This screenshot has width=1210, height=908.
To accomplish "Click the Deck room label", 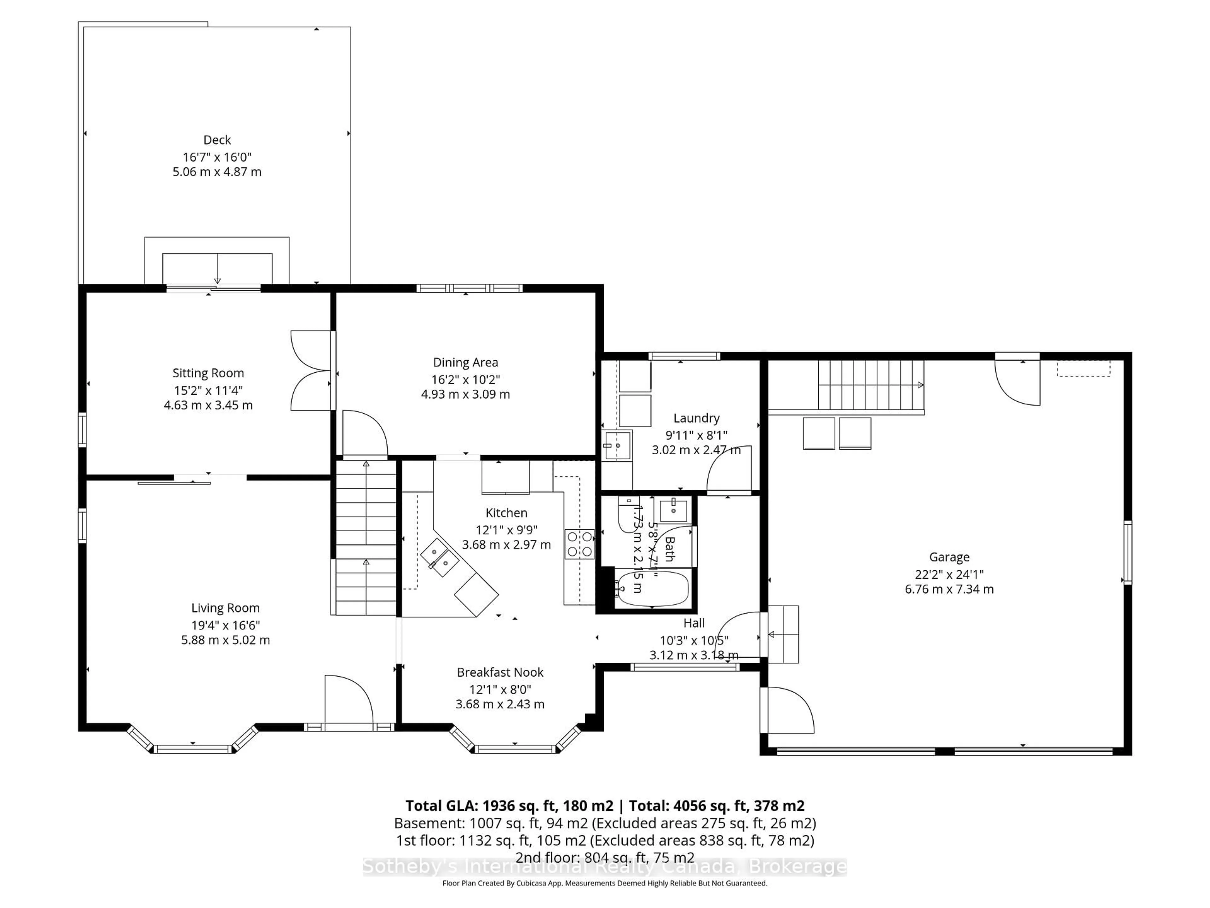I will [217, 140].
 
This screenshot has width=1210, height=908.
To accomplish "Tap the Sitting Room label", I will [208, 373].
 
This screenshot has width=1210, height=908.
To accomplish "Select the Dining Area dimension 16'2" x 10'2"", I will [465, 379].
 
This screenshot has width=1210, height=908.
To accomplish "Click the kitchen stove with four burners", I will [579, 544].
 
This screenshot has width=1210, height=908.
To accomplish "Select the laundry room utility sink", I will [617, 446].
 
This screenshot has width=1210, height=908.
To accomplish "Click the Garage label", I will [949, 557].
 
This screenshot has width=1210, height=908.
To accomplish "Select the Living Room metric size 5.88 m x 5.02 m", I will [225, 640].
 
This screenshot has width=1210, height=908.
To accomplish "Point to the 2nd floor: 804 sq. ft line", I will [604, 858].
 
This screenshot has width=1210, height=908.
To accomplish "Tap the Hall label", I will [694, 623].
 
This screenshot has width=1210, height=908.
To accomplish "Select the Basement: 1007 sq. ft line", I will [604, 823].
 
